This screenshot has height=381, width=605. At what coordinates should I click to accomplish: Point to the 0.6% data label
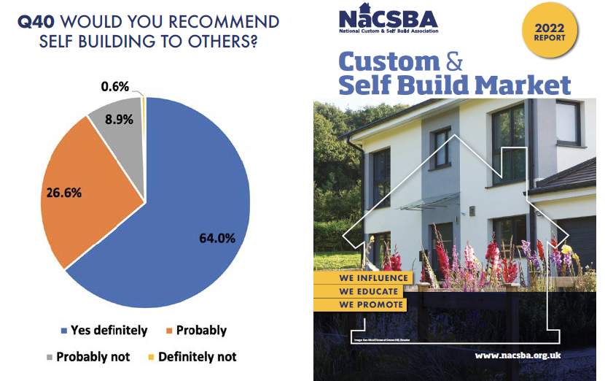[x=114, y=87]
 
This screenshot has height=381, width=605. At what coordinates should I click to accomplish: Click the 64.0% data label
[x=217, y=238]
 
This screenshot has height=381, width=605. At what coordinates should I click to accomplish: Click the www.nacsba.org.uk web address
[x=517, y=355]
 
